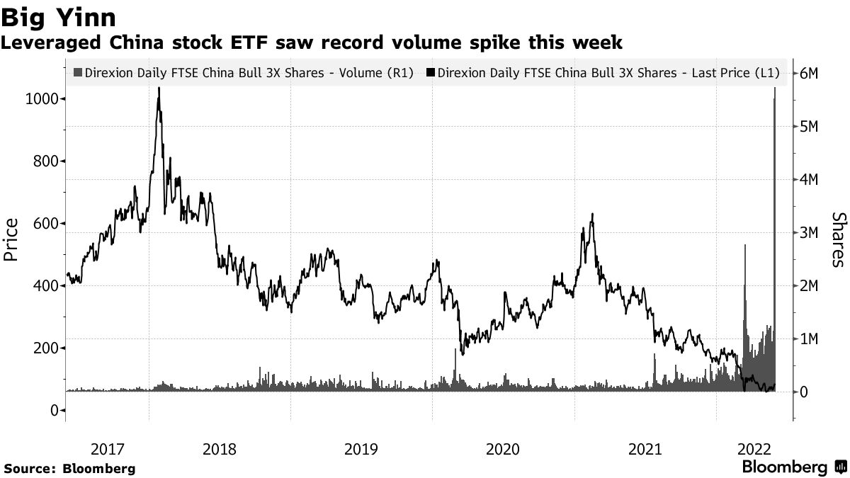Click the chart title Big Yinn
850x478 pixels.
click(59, 16)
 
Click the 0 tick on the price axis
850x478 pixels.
click(54, 410)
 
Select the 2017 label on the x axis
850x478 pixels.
click(107, 449)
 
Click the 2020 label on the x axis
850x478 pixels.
click(503, 449)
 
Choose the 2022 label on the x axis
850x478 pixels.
click(754, 449)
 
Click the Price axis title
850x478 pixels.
click(11, 241)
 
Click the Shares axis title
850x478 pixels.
click(838, 241)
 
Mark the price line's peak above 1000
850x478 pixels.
click(159, 89)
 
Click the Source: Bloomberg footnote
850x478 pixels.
click(69, 469)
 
